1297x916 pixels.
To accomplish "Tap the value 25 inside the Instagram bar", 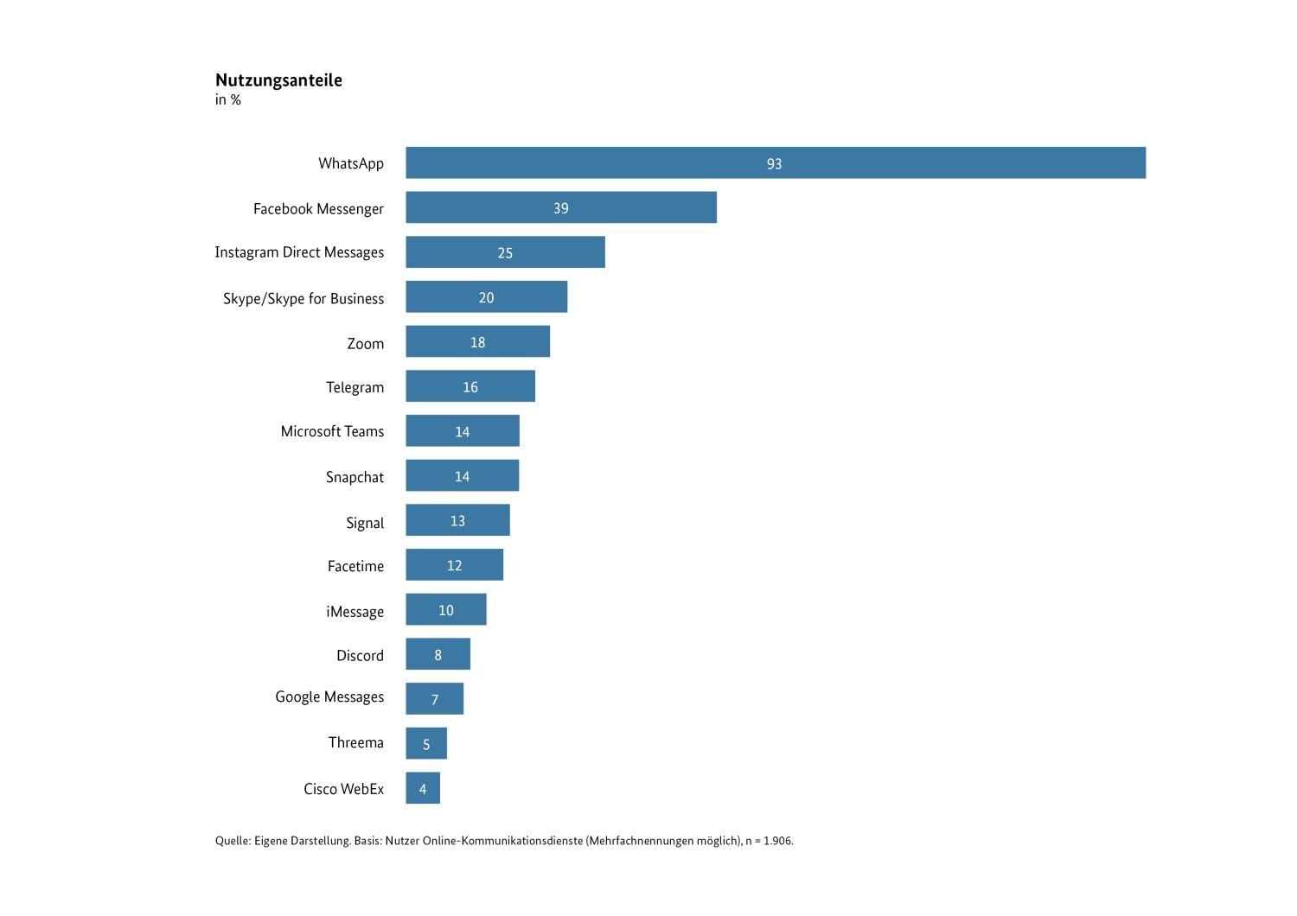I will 505,253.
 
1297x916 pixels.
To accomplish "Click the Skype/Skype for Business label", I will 303,299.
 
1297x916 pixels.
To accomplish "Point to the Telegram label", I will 355,387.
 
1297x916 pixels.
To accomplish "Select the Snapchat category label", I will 355,477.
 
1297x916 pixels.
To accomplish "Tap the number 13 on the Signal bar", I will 457,521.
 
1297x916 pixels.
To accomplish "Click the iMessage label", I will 355,612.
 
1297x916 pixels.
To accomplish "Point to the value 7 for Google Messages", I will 435,700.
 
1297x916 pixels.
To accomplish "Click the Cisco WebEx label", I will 343,789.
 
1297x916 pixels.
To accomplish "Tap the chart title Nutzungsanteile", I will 278,80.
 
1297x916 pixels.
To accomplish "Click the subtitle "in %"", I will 228,100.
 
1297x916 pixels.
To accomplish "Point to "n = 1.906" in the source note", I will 769,841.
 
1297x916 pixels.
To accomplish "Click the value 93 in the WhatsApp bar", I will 774,164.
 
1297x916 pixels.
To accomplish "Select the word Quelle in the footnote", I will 232,841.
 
